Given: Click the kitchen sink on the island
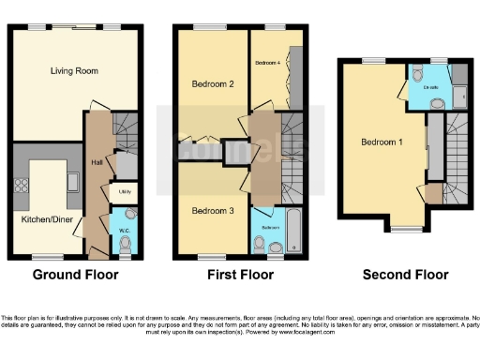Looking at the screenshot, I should [71, 179].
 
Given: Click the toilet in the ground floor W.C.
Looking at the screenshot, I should [127, 242].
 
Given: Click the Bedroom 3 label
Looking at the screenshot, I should [213, 212].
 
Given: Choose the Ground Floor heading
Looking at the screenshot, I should [76, 275].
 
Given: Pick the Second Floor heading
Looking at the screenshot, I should [407, 275].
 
